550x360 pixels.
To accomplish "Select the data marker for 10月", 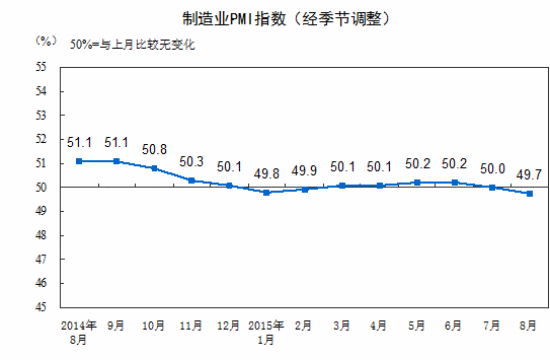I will [x=154, y=168].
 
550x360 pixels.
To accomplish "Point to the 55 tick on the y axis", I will [x=42, y=67].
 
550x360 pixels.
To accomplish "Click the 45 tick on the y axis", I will [x=42, y=307].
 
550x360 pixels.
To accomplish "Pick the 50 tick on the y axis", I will [x=42, y=187].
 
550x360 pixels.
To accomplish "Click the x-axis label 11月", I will [x=191, y=327].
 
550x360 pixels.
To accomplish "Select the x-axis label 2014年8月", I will [x=78, y=333].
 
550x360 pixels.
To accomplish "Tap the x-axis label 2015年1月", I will [x=266, y=333].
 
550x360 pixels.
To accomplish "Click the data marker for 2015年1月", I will [x=266, y=192].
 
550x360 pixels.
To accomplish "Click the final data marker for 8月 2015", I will [x=529, y=194].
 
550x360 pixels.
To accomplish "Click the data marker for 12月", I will [x=229, y=185].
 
